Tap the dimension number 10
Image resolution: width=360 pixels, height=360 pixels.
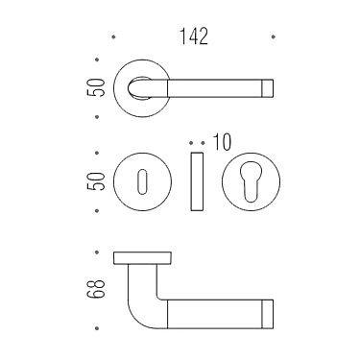click(222, 142)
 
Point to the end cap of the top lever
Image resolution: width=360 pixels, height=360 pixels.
click(268, 87)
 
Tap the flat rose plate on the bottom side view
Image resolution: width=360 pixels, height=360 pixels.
click(142, 256)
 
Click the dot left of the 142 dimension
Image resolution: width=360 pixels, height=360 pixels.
click(114, 37)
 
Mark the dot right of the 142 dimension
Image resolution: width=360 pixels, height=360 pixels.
click(275, 37)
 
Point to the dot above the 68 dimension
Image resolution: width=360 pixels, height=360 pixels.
click(99, 252)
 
